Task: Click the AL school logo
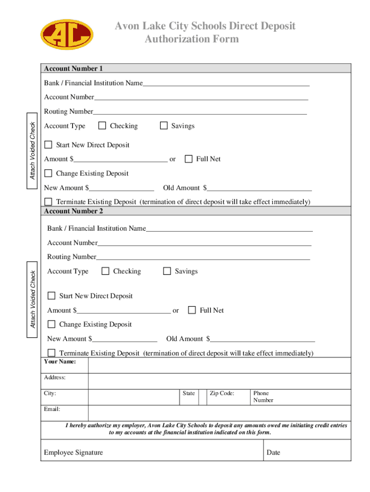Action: (66, 35)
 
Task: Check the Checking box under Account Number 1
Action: (102, 126)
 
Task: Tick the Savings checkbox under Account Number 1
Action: (163, 126)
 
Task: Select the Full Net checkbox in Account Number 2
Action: (192, 310)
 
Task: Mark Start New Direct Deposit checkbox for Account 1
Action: (48, 145)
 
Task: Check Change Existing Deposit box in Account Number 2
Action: (51, 324)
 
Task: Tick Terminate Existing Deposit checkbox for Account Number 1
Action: (48, 201)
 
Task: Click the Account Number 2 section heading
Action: (74, 211)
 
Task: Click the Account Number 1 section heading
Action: (74, 69)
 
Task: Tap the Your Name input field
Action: (219, 364)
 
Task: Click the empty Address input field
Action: (219, 381)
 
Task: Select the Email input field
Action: (219, 413)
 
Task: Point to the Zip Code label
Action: (222, 393)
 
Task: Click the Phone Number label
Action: (263, 396)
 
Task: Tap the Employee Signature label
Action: (73, 453)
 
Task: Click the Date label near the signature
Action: (273, 453)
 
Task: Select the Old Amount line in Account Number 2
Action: (262, 339)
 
